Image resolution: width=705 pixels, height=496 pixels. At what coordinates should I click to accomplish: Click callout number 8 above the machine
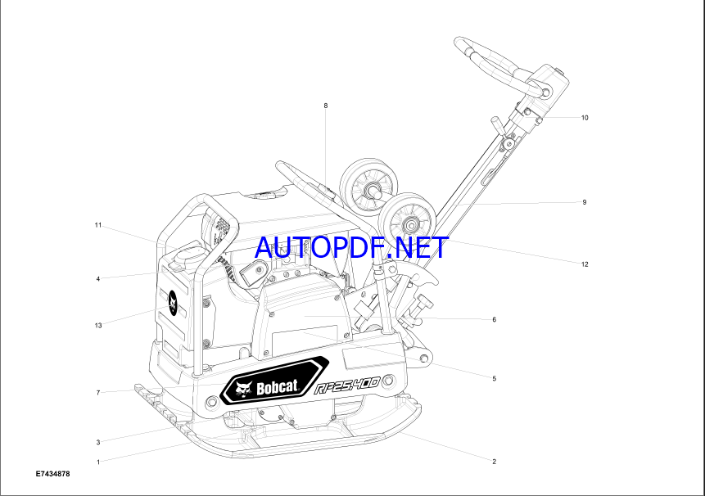[326, 106]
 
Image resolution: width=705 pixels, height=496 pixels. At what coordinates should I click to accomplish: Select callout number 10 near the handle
[585, 118]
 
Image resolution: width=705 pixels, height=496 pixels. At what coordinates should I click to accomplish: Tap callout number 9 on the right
[585, 202]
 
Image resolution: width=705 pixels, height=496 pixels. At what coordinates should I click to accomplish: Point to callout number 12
[585, 264]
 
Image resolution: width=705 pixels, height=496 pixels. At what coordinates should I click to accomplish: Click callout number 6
[494, 319]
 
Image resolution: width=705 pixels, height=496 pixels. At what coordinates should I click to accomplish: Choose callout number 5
[494, 378]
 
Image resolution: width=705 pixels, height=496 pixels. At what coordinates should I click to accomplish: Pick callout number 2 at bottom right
[494, 462]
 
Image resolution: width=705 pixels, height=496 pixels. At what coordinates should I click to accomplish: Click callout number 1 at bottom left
[98, 462]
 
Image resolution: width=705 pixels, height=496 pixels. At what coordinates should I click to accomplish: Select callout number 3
[98, 442]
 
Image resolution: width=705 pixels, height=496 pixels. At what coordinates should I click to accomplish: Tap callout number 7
[98, 393]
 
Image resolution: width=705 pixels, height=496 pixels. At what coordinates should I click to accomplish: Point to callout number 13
[98, 325]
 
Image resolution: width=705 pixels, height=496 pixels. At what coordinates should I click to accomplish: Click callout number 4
[98, 279]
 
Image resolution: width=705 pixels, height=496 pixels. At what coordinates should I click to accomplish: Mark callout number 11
[98, 225]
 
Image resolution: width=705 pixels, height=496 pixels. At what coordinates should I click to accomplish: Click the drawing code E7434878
[53, 474]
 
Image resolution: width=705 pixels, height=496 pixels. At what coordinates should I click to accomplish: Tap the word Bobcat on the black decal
[277, 387]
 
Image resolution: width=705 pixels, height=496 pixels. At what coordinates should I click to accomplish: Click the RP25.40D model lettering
[346, 386]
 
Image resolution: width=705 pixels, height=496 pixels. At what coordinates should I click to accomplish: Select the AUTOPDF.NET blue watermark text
[351, 247]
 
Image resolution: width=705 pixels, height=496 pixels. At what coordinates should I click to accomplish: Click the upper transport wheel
[368, 183]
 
